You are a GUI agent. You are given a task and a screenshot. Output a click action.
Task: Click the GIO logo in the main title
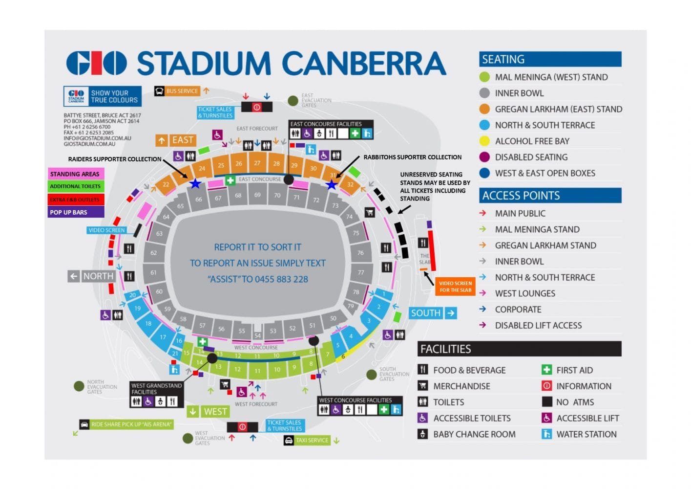click(x=96, y=63)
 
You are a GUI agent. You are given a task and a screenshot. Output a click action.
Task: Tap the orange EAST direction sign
click(x=176, y=140)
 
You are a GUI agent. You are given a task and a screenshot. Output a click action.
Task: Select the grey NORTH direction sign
click(x=91, y=276)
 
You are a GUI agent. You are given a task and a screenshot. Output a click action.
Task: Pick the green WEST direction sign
click(x=208, y=412)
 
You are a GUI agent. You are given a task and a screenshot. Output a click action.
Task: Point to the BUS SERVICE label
click(x=182, y=91)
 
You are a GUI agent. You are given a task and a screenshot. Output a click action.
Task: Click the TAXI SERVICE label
click(x=312, y=440)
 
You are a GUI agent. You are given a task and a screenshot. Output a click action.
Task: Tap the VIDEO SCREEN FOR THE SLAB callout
click(x=455, y=287)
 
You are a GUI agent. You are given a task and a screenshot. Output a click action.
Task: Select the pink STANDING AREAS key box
click(x=75, y=174)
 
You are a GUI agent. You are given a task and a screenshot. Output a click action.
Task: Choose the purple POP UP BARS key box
click(x=75, y=212)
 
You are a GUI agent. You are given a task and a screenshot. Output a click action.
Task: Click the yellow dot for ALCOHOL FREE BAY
click(x=484, y=141)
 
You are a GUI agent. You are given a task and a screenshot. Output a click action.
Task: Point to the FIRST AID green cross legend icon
click(x=546, y=370)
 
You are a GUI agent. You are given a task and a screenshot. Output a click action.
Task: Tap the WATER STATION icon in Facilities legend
click(x=546, y=434)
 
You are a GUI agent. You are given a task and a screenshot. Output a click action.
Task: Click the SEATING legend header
click(x=550, y=59)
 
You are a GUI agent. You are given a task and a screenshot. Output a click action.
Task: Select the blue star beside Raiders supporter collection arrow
click(x=195, y=184)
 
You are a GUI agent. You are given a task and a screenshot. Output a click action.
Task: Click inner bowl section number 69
click(x=257, y=195)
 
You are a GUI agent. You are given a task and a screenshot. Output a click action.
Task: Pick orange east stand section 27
click(x=257, y=163)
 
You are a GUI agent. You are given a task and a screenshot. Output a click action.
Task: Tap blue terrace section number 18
click(x=148, y=323)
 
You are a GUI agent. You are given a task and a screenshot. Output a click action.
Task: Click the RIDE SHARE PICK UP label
click(x=131, y=424)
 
